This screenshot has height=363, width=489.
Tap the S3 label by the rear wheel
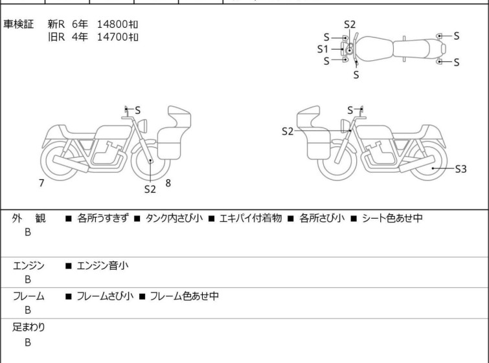(461, 169)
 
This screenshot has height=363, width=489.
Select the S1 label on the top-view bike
(323, 49)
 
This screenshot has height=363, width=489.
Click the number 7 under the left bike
(41, 183)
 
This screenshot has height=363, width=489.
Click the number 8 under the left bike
(168, 183)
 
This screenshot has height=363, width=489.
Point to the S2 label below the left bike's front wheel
(150, 189)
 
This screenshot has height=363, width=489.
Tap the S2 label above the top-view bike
(350, 25)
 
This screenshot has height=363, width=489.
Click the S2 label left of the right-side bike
(288, 131)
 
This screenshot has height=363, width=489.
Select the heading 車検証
(18, 25)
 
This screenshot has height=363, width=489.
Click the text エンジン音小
(102, 266)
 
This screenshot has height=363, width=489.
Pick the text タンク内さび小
(174, 218)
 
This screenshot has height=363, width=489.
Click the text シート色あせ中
(392, 218)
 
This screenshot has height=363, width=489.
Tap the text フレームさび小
(105, 296)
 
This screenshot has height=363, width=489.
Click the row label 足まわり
(28, 327)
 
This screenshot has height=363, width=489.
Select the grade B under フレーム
(28, 311)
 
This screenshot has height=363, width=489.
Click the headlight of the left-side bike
(142, 126)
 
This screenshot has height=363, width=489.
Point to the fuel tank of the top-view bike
(374, 49)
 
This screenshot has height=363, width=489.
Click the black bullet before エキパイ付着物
(211, 219)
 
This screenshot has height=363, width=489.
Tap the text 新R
(56, 25)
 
